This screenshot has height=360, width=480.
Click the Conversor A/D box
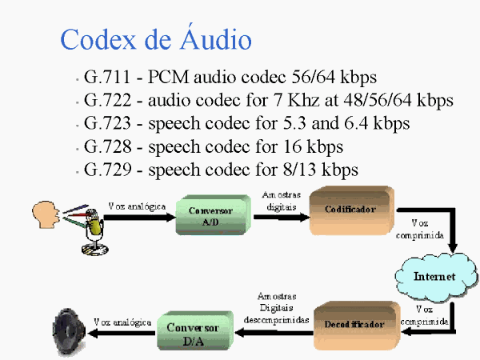pyautogui.click(x=210, y=214)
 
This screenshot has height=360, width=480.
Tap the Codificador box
pyautogui.click(x=350, y=210)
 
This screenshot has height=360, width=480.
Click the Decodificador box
pyautogui.click(x=354, y=323)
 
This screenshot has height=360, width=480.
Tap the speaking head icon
pyautogui.click(x=44, y=214)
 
